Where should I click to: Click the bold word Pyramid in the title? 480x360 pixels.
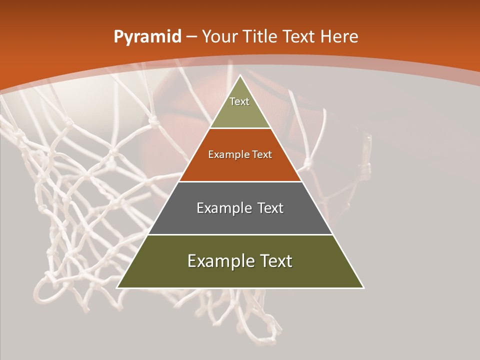pyautogui.click(x=147, y=37)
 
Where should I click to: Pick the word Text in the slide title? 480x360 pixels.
pyautogui.click(x=299, y=36)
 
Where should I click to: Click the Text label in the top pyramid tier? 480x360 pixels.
pyautogui.click(x=239, y=101)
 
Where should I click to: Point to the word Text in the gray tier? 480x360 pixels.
pyautogui.click(x=270, y=208)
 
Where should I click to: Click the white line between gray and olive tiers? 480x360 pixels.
pyautogui.click(x=240, y=234)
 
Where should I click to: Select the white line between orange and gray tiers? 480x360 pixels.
pyautogui.click(x=240, y=181)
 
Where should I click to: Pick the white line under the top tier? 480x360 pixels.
pyautogui.click(x=240, y=128)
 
